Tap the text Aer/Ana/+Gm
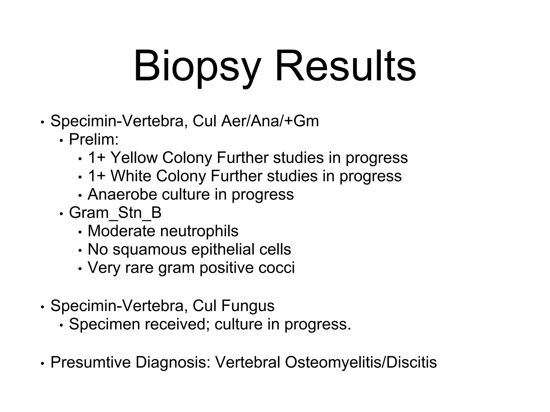270,121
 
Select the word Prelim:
94,139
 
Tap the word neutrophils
199,231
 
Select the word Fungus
248,306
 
